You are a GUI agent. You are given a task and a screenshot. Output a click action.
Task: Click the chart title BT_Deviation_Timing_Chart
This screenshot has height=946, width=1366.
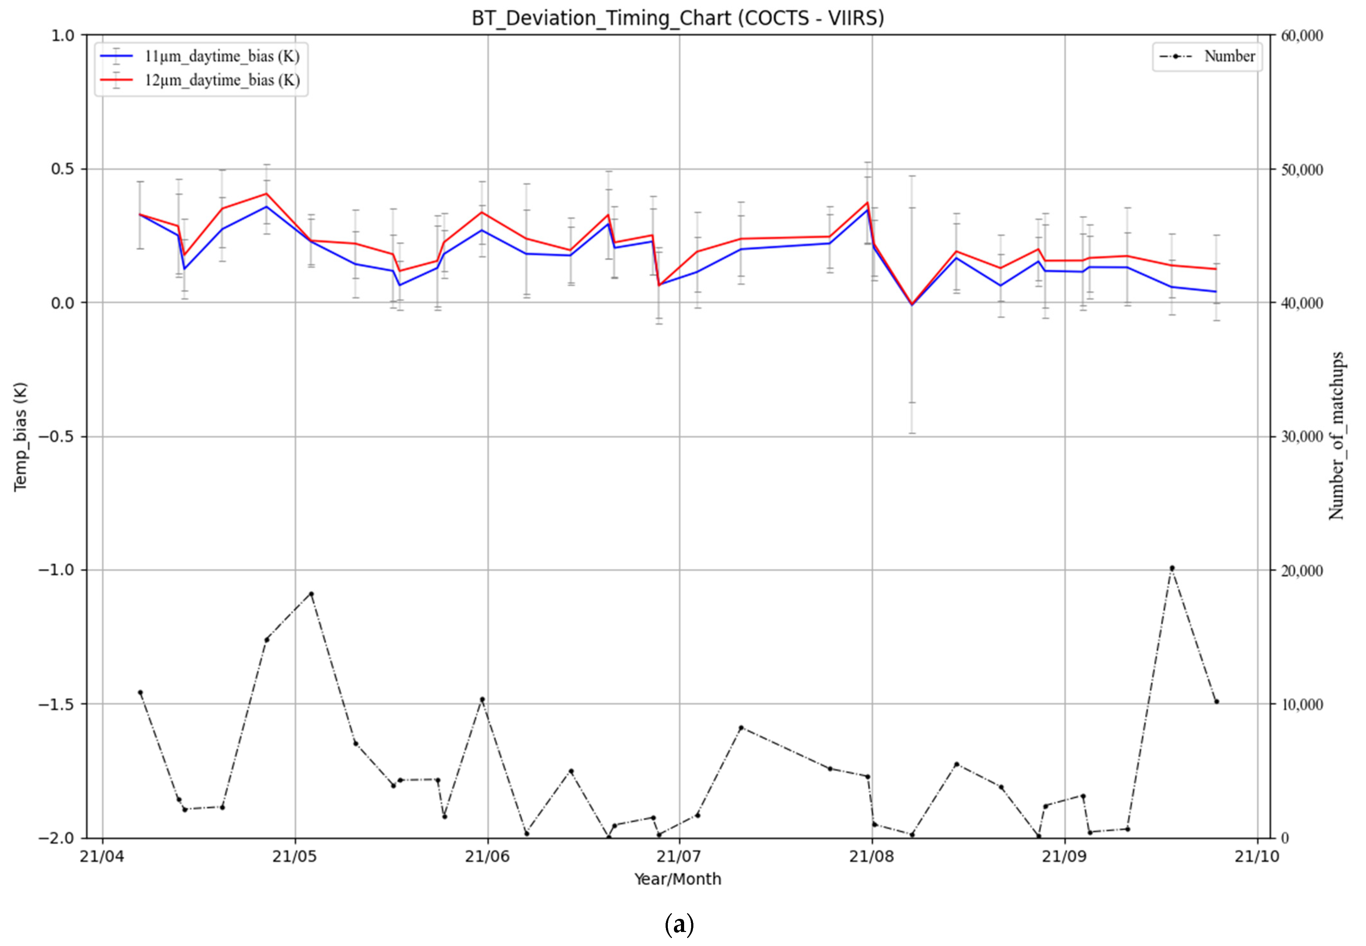click(x=677, y=19)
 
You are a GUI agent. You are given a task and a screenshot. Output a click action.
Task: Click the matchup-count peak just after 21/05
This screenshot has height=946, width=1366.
click(x=311, y=593)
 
